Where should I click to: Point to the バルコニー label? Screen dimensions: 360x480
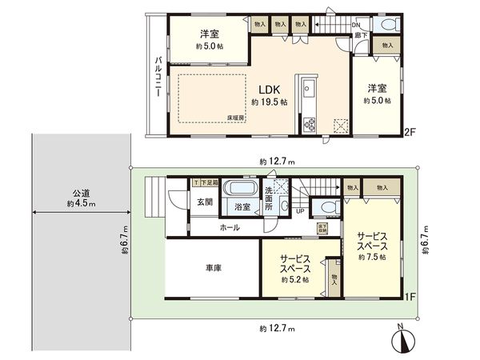point(159,78)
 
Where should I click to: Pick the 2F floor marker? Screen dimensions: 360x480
point(408,131)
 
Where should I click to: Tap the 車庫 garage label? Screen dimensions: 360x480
point(213,270)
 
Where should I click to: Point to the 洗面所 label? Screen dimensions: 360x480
point(270,201)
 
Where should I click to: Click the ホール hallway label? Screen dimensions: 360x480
point(231,228)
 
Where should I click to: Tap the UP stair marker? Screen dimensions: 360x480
point(300,211)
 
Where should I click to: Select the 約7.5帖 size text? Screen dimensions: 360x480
point(373,257)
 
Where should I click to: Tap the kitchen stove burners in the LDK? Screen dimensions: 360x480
point(309,124)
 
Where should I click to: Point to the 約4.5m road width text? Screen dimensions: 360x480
point(81,204)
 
